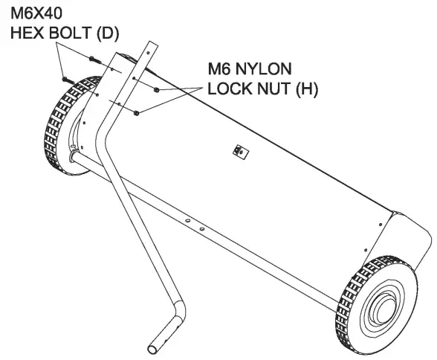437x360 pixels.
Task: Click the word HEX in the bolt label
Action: point(23,33)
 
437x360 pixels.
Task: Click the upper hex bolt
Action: point(91,57)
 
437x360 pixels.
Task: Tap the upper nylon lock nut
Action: point(158,90)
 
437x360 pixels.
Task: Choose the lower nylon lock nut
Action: point(138,113)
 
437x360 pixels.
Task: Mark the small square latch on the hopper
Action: point(239,151)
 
